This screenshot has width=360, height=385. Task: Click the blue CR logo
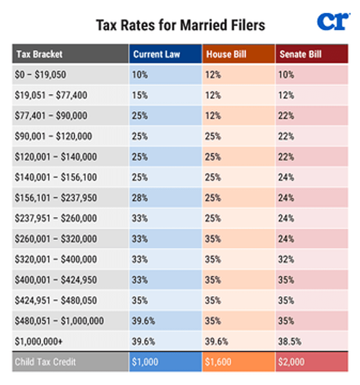(x=333, y=22)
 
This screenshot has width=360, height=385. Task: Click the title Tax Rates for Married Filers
(x=180, y=25)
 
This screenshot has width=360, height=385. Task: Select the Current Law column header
(x=156, y=54)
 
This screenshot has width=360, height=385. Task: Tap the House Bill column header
(x=226, y=54)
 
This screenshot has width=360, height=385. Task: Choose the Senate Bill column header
(x=300, y=54)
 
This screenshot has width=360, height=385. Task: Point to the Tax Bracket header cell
(x=39, y=54)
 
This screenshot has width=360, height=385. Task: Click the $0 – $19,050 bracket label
(x=41, y=75)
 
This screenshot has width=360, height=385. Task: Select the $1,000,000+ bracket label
(x=39, y=342)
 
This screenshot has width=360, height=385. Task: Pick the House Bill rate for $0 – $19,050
(x=214, y=75)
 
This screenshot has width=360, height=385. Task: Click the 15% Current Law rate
(x=140, y=96)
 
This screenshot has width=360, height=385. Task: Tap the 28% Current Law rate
(x=140, y=198)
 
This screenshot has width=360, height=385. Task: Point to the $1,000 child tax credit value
(x=145, y=362)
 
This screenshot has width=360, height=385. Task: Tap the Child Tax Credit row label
(x=45, y=362)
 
